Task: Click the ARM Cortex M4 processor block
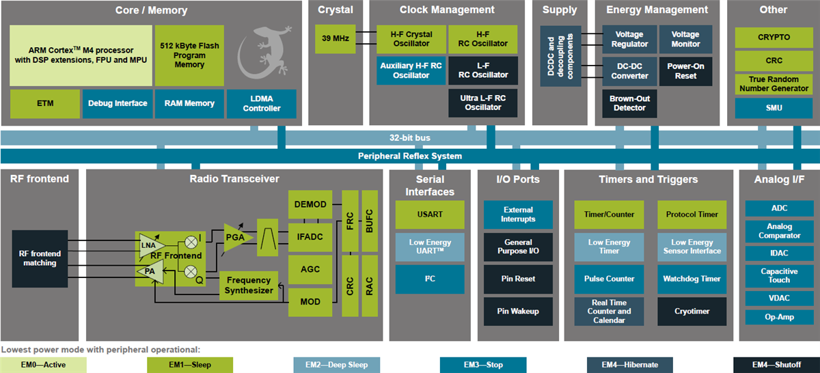[81, 55]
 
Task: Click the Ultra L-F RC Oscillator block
[483, 102]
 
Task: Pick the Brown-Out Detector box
[629, 103]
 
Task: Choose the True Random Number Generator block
[774, 84]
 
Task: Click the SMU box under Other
[774, 108]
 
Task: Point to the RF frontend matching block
[39, 258]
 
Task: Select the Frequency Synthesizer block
[249, 285]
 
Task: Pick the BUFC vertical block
[369, 220]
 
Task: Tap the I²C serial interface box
[429, 279]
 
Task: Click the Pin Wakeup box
[518, 312]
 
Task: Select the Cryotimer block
[692, 312]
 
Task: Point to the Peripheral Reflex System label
[409, 156]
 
